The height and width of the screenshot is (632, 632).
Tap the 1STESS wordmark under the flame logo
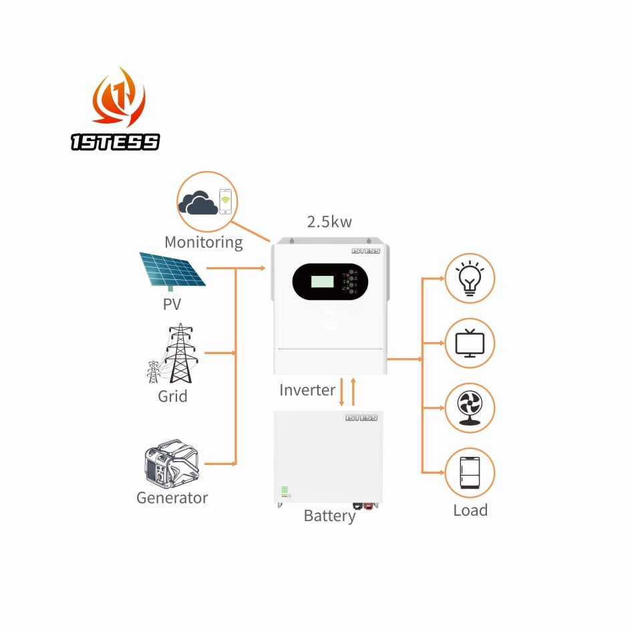coord(116,142)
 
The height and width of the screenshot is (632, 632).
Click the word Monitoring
coord(204,242)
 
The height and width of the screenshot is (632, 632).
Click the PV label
coord(172,305)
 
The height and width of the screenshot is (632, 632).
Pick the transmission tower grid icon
coord(174,353)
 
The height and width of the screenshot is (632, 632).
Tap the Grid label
coord(172,396)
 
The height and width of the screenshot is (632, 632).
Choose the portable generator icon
coord(172,463)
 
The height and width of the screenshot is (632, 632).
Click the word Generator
coord(172,498)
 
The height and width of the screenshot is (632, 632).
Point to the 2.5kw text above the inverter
coord(329,222)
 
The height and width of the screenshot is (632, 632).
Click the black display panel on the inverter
coord(330,281)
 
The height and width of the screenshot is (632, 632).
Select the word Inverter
coord(307,390)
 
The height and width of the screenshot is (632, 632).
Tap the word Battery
coord(329,516)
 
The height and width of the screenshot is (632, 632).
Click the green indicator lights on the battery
coord(285,492)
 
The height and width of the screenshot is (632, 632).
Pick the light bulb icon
coord(470,278)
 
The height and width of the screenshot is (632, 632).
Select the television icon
coord(470,343)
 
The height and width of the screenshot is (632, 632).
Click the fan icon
coord(470,408)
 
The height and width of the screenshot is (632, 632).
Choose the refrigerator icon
coord(470,472)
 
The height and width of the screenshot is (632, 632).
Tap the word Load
coord(470,510)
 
